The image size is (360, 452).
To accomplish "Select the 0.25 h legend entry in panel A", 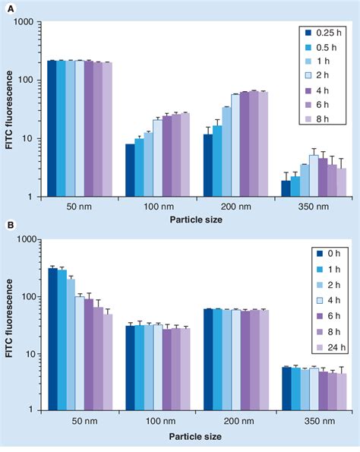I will point(323,33).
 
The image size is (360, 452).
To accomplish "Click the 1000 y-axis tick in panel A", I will point(28,23).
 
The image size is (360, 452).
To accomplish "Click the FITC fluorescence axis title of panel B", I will point(11,325).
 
